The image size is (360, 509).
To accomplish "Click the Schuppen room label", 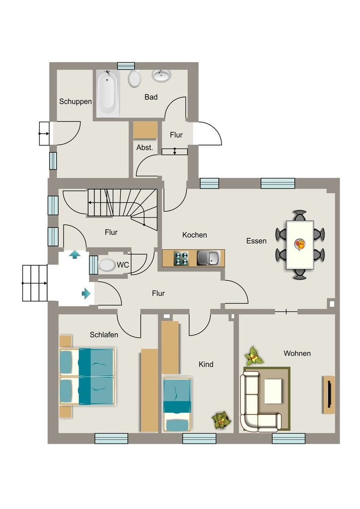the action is (75, 101).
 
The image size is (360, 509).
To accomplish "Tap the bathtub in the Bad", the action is (108, 93).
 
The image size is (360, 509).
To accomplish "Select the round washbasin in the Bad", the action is (161, 76).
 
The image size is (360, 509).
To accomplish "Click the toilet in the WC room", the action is (107, 265).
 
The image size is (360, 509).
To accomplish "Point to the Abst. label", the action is (145, 147).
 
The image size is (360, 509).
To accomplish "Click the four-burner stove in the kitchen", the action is (181, 258).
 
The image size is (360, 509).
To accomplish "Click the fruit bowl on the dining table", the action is (300, 244).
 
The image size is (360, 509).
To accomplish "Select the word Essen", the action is (257, 241).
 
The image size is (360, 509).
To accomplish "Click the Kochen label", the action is (194, 235).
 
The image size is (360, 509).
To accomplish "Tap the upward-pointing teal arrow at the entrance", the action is (75, 254).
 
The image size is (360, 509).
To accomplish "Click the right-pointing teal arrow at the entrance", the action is (86, 293).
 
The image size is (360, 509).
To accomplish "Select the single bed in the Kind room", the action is (177, 405).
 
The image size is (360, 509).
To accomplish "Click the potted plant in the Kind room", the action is (221, 420).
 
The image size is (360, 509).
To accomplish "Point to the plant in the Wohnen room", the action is (254, 356).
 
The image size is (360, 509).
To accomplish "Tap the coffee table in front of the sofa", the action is (273, 391).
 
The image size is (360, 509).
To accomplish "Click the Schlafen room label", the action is (104, 335).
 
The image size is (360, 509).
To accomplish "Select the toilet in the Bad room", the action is (134, 79).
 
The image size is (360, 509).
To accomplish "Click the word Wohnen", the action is (297, 353).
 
